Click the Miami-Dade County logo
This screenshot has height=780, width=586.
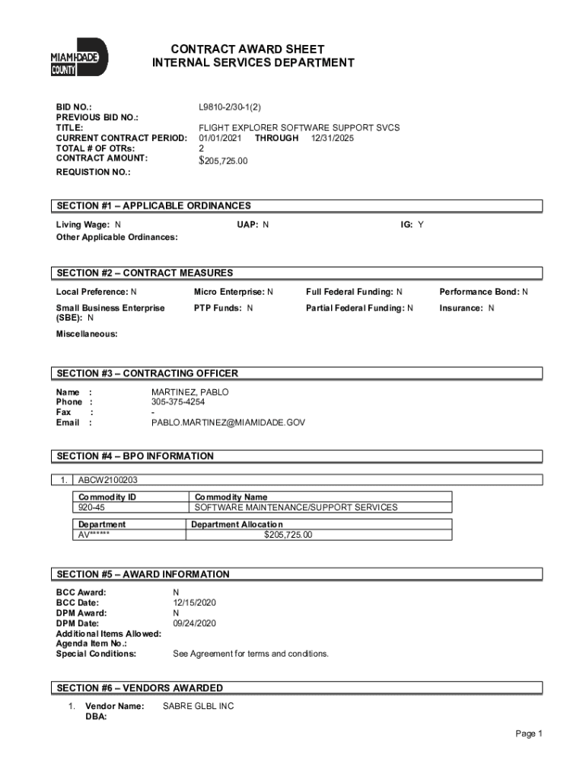[x=79, y=58]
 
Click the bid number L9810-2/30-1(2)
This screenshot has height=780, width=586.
[x=234, y=108]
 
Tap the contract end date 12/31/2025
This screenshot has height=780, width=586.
[x=332, y=138]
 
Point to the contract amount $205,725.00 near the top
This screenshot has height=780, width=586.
[x=223, y=161]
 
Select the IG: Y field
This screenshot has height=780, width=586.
[x=412, y=225]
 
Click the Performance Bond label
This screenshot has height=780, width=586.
[x=479, y=292]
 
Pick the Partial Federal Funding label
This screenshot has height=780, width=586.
[x=355, y=308]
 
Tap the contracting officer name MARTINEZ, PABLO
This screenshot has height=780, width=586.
[x=189, y=392]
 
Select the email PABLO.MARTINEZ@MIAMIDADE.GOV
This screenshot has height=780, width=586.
[x=228, y=422]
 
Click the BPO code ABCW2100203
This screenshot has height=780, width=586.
[x=108, y=480]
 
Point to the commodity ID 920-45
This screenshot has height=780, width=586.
[x=94, y=507]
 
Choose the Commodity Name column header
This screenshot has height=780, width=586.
[x=231, y=497]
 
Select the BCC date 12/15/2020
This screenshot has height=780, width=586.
[x=195, y=602]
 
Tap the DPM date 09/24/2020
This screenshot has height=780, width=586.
[x=195, y=623]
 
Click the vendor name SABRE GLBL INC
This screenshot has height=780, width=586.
[x=198, y=706]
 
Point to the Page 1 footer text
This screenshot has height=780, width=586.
[x=528, y=734]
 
